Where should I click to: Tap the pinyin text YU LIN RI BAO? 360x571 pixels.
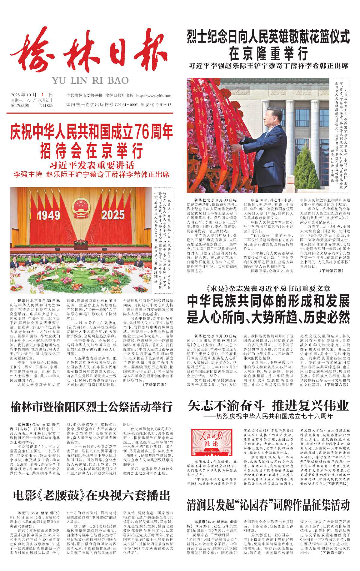pyautogui.click(x=90, y=80)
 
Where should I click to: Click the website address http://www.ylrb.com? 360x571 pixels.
pyautogui.click(x=154, y=96)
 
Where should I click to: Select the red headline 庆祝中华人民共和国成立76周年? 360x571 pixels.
pyautogui.click(x=91, y=132)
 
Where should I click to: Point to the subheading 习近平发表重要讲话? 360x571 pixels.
pyautogui.click(x=92, y=165)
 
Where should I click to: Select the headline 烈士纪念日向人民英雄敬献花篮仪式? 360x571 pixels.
pyautogui.click(x=268, y=37)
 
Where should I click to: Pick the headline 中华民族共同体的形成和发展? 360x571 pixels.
pyautogui.click(x=268, y=301)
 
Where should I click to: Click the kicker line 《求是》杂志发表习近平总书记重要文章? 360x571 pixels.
pyautogui.click(x=268, y=289)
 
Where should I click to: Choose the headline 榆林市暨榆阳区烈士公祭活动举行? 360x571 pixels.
pyautogui.click(x=91, y=407)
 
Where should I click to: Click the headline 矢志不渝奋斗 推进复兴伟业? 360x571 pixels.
pyautogui.click(x=268, y=406)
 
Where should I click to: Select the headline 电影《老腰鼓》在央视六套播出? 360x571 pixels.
pyautogui.click(x=91, y=495)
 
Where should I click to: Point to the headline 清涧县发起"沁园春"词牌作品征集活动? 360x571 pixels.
pyautogui.click(x=268, y=505)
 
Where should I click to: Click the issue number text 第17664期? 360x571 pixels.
pyautogui.click(x=20, y=105)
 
